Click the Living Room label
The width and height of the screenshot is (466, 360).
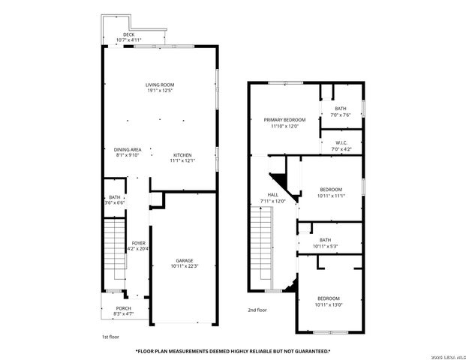coord(159,88)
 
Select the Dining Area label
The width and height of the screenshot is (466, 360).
coord(128,152)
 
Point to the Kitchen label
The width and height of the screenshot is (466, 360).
coord(182,157)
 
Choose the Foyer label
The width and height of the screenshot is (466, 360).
coord(139,246)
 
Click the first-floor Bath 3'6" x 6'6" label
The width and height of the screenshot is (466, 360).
coord(115,199)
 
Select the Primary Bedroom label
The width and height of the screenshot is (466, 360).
coord(284,123)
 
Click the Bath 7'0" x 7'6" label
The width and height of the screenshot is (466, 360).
coord(341,112)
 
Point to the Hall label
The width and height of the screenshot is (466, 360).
coord(263,198)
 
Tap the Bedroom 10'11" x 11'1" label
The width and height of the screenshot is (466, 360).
coord(330,192)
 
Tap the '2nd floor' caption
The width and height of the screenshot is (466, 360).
coord(257,309)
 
